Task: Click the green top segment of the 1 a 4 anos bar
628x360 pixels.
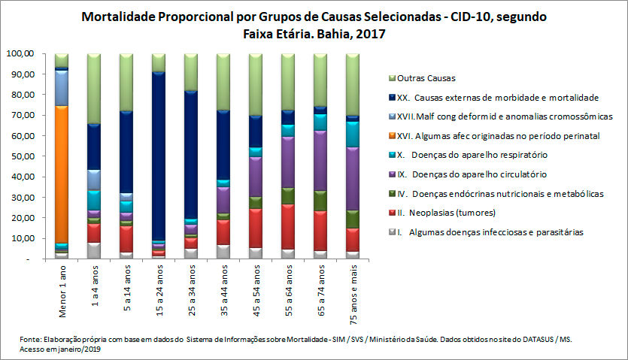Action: click(x=94, y=89)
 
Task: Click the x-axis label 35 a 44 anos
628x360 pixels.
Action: click(x=223, y=290)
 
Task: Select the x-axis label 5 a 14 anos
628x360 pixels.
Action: click(x=126, y=289)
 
